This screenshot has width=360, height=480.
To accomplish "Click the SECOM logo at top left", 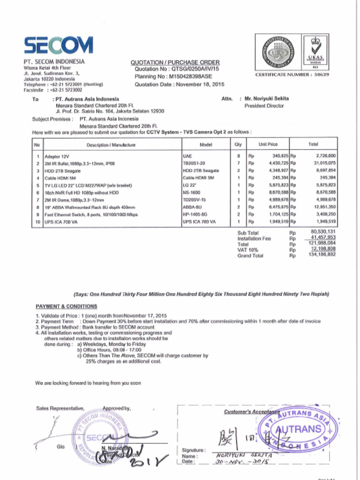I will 58,45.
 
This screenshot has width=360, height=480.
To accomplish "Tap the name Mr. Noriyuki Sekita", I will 267,99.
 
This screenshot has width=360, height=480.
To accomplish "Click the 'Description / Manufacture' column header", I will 111,145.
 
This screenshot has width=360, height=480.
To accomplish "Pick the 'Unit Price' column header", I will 268,144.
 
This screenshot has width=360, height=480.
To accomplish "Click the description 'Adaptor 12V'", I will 57,156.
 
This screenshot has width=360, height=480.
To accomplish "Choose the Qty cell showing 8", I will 239,155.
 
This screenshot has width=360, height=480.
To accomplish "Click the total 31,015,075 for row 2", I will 322,163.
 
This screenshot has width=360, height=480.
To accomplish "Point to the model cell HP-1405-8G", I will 195,214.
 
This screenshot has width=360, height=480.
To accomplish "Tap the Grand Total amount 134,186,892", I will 322,255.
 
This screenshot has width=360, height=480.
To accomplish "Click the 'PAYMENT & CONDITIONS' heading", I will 67,306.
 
